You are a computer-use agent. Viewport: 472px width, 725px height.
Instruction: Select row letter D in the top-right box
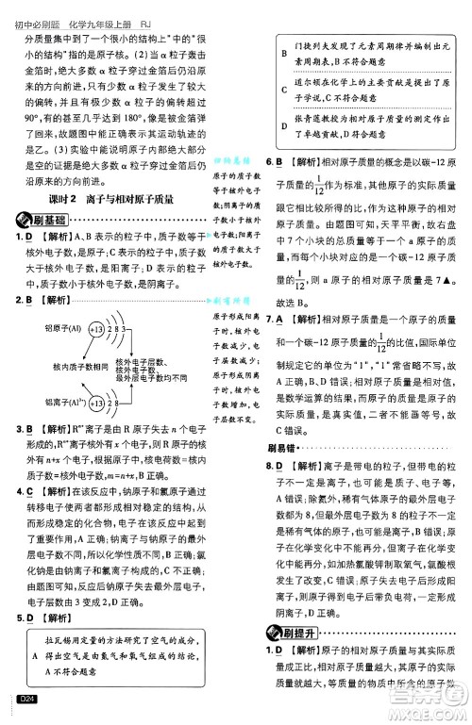click(x=283, y=122)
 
